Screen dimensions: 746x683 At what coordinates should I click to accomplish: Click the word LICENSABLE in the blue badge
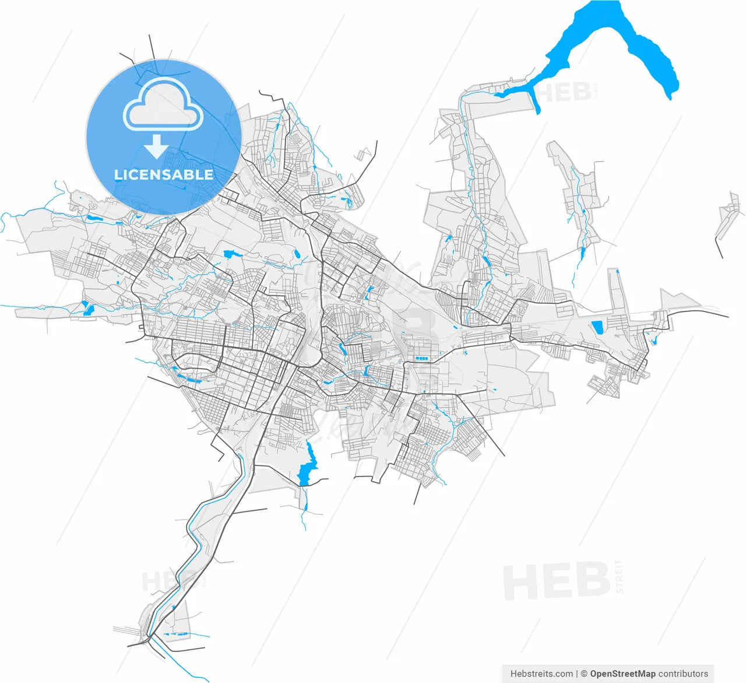pos(164,174)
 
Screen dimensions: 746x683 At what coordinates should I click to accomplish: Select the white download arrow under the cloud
pos(156,146)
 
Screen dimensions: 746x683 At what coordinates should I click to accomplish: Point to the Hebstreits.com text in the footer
pos(541,674)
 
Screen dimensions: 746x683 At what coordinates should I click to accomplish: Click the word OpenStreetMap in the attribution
pos(622,674)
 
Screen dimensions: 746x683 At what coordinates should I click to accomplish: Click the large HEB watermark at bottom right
pos(557,581)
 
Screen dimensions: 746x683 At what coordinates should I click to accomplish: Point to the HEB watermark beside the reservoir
pos(562,92)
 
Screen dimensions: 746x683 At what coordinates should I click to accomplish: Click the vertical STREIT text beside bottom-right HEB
pos(618,576)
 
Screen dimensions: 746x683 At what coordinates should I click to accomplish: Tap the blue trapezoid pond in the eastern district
pos(597,327)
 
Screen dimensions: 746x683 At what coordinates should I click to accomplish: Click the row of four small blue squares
pos(421,358)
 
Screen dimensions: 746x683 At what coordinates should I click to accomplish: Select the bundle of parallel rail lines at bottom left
pos(125,631)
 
